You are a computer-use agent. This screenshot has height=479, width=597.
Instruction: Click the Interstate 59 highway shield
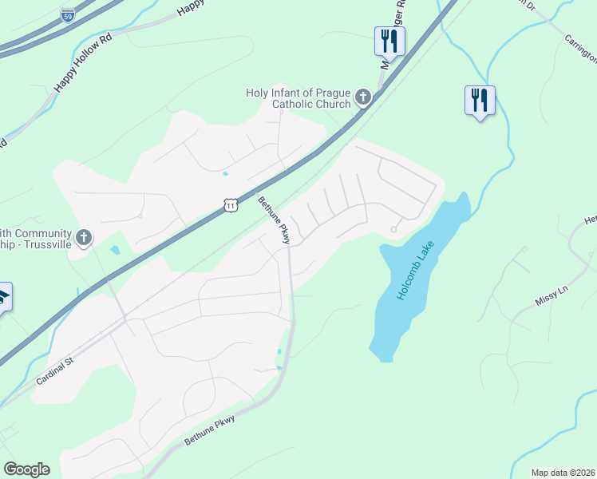coord(69,14)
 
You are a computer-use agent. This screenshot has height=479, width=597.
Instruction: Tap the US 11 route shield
coord(231,206)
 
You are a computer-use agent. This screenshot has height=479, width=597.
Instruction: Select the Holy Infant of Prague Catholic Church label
coord(298,99)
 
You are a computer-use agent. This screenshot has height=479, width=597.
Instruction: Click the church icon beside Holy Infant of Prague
coord(363,98)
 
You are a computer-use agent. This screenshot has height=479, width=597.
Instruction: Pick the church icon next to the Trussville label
coord(84,237)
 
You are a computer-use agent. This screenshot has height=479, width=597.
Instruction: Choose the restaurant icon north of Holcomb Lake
coord(480,100)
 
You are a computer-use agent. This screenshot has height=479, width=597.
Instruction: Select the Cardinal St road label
coord(54,371)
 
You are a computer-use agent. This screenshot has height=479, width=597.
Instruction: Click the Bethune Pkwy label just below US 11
coord(274,220)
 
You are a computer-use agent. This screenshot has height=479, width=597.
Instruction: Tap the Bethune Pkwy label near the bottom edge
coord(210,430)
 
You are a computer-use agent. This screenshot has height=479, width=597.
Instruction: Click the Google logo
coord(26,469)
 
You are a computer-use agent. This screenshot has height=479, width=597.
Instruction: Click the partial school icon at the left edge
coord(3,296)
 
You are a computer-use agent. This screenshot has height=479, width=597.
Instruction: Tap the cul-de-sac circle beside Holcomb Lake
coord(393,230)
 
